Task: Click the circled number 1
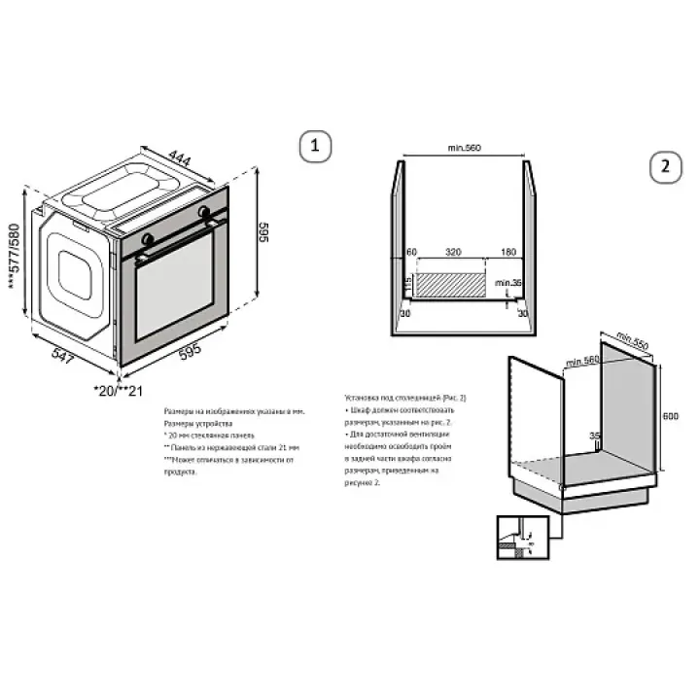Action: (x=313, y=147)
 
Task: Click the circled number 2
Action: (x=665, y=164)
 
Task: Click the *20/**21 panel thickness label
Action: (x=118, y=390)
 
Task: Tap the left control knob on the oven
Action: (x=147, y=237)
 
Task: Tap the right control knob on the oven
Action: (x=204, y=211)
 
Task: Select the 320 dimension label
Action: (x=453, y=252)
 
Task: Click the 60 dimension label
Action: (x=411, y=252)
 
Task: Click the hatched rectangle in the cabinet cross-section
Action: (x=452, y=284)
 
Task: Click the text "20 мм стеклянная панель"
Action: (x=210, y=436)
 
